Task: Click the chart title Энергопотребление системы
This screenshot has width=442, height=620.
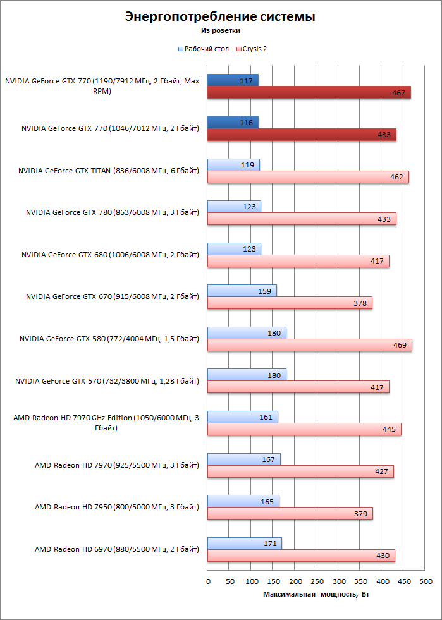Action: tap(221, 16)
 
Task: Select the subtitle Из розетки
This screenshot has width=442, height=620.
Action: tap(221, 30)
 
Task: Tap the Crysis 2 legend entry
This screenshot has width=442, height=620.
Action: tap(252, 49)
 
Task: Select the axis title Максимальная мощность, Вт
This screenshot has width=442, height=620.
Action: tap(316, 595)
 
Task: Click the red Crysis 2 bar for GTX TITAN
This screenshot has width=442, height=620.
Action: tap(308, 177)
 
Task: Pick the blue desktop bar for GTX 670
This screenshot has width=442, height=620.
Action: tap(242, 291)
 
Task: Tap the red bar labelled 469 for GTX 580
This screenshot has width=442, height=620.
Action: tap(310, 345)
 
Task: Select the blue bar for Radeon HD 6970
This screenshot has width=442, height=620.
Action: tap(245, 544)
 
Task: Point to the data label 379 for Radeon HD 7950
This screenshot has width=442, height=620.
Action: tap(360, 514)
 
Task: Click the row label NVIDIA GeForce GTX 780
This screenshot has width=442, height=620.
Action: tap(113, 213)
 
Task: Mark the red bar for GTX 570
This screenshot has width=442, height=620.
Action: tap(298, 387)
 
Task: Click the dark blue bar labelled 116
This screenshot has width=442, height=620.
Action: tap(233, 123)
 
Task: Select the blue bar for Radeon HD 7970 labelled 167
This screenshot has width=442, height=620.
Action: tap(243, 459)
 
